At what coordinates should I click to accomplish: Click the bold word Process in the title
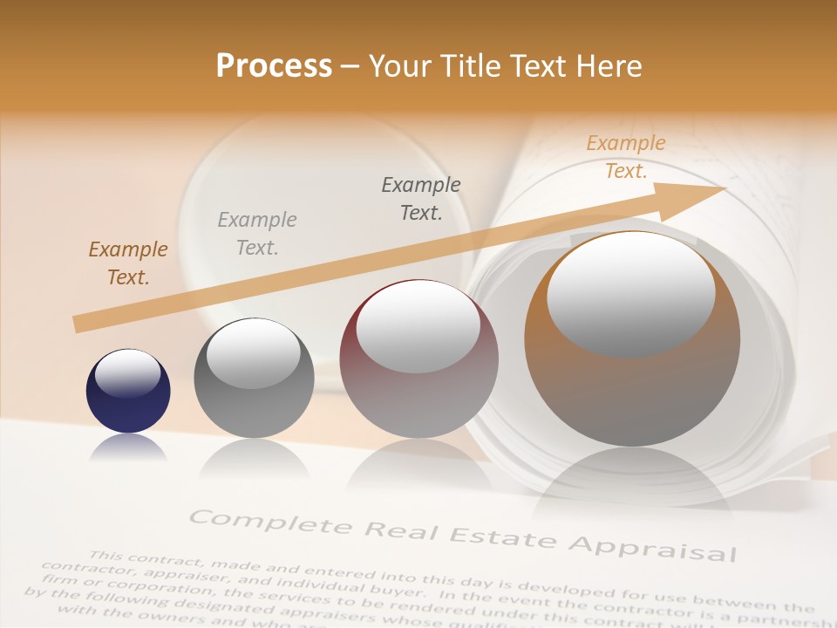coord(274,66)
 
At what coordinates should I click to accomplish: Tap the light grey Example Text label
coord(257,234)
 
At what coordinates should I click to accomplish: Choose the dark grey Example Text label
coord(421,198)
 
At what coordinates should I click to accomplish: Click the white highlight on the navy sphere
coord(127,374)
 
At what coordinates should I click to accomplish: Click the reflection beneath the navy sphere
coord(128,447)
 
